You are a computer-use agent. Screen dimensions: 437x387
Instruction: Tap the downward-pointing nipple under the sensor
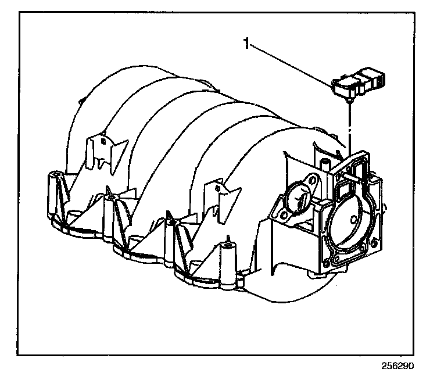[x=349, y=102]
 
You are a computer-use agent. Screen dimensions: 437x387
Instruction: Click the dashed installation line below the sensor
[x=349, y=125]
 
